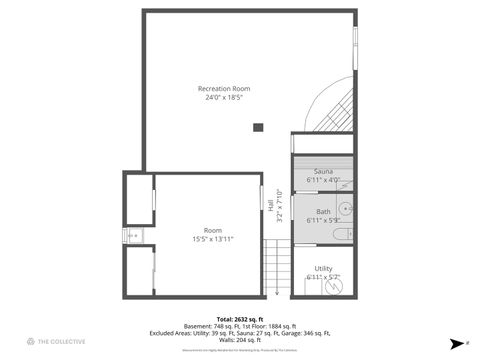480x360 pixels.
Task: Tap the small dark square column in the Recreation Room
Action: (x=258, y=127)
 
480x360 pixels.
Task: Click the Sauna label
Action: (x=323, y=172)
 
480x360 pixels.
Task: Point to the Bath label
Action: (x=323, y=211)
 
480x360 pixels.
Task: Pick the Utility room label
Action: (x=323, y=268)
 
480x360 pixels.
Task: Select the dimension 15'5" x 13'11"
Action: (x=213, y=239)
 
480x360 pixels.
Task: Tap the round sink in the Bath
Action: (x=345, y=209)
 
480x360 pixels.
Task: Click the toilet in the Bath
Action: (x=340, y=234)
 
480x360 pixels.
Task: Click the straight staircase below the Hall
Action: (x=274, y=269)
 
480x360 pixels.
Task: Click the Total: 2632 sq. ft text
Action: (x=239, y=319)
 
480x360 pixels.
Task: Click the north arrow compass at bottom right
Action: (x=456, y=342)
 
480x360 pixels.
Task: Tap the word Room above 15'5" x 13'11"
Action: (x=213, y=230)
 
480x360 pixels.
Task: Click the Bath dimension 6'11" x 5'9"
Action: (x=323, y=220)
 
